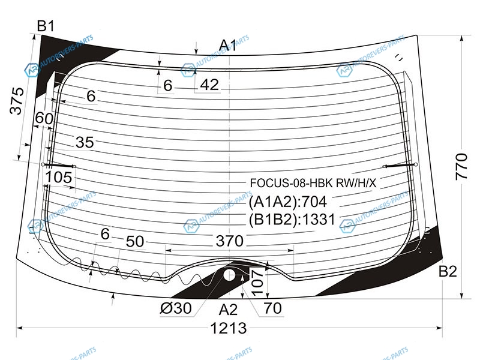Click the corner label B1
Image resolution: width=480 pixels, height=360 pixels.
tap(46, 26)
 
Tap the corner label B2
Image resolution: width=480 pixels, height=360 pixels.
tap(448, 271)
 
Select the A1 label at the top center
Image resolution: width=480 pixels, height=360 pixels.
tap(228, 46)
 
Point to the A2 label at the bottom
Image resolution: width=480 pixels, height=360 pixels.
tap(228, 310)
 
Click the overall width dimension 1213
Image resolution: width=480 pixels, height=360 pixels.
tap(229, 328)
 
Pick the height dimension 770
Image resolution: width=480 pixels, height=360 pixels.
tap(461, 167)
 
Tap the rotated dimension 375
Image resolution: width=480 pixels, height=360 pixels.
tap(17, 101)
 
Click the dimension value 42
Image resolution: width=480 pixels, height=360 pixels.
tap(209, 85)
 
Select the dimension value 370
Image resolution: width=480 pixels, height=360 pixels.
tap(230, 241)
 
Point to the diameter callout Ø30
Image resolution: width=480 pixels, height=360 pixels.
tap(176, 308)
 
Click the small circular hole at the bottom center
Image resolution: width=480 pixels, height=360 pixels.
tap(229, 275)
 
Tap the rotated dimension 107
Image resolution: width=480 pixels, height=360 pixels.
tap(257, 283)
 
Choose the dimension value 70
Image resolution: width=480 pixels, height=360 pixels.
tap(272, 308)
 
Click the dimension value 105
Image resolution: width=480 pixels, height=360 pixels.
tap(59, 177)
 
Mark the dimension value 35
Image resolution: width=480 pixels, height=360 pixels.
tap(85, 142)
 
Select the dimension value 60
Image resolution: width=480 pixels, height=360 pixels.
tap(44, 118)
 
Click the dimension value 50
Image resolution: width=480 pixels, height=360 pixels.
tap(134, 242)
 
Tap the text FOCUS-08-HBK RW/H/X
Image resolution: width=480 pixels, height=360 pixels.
tap(313, 183)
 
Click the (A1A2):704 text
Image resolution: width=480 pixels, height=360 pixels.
tap(288, 202)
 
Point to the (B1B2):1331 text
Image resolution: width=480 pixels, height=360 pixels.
tap(292, 220)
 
